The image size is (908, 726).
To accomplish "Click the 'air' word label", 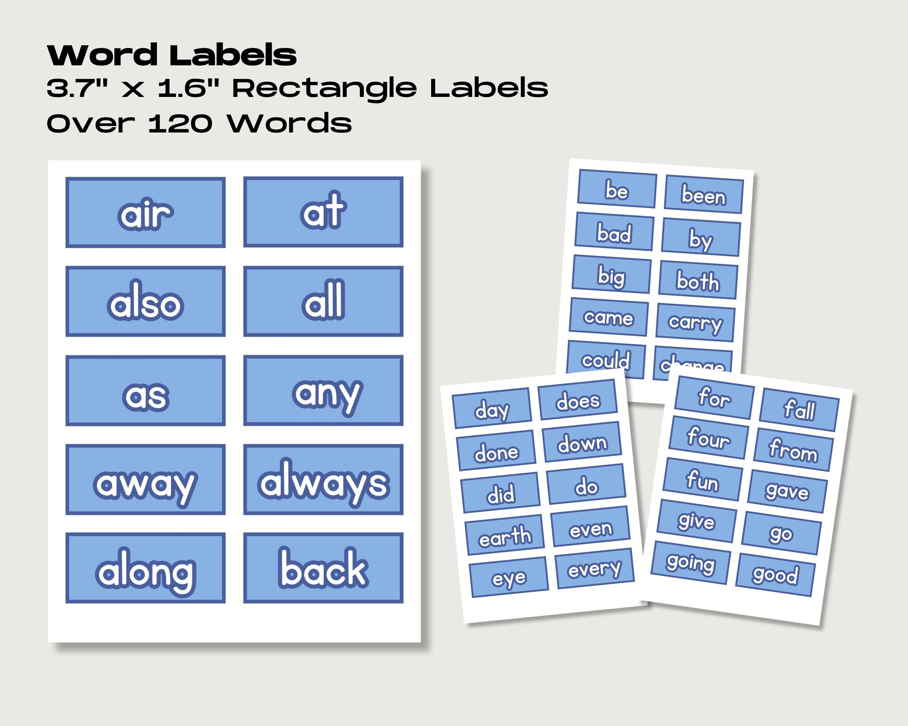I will (145, 213).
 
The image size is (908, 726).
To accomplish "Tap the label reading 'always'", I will (323, 480).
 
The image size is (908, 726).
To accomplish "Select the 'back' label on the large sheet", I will (323, 568).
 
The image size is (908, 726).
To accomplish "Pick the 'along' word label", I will (145, 568).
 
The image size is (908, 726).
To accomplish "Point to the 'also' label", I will (145, 301).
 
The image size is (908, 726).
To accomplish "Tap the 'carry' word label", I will (695, 323).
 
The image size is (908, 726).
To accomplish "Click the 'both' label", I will (698, 280).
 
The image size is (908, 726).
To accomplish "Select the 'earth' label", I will (505, 535).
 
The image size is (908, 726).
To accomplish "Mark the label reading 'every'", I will (595, 568).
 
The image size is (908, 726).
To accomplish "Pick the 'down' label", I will (582, 442).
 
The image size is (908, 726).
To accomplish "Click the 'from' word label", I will (794, 449).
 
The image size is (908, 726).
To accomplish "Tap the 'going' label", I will (690, 563).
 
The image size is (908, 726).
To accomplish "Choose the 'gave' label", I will (787, 491).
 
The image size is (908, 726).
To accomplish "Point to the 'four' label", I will (709, 437).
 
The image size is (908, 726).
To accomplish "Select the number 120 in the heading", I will (180, 124).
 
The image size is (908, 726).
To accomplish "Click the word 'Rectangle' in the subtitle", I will (324, 89).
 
